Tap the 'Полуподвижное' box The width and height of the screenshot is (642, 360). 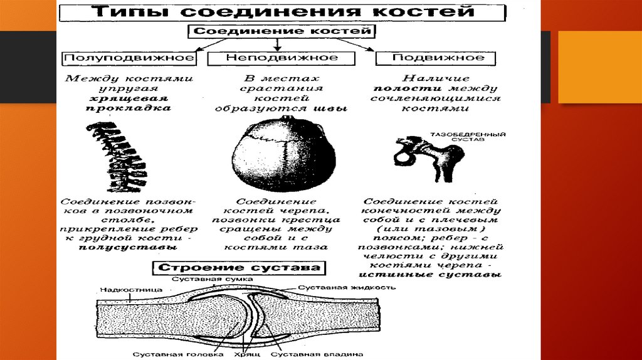click(x=128, y=58)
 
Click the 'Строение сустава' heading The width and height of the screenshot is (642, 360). click(x=239, y=268)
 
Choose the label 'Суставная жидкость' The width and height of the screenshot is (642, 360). click(x=346, y=287)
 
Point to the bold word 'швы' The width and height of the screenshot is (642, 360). click(x=338, y=108)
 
